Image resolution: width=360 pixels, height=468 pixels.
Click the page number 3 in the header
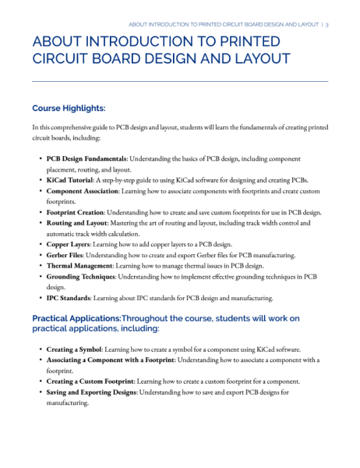pos(327,24)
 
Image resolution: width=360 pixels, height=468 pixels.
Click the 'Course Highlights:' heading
pos(69,108)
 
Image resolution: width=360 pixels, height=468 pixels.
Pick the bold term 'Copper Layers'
pos(69,244)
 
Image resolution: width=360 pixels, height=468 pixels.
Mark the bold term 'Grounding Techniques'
pos(83,277)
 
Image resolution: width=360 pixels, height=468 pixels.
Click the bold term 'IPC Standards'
pos(69,299)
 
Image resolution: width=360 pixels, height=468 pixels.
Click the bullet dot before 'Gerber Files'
pos(41,255)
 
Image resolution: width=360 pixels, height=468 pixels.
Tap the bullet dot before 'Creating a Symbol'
pos(41,349)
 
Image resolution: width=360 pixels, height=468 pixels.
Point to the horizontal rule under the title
pos(179,81)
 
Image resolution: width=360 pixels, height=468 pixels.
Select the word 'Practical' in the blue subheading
pos(56,318)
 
